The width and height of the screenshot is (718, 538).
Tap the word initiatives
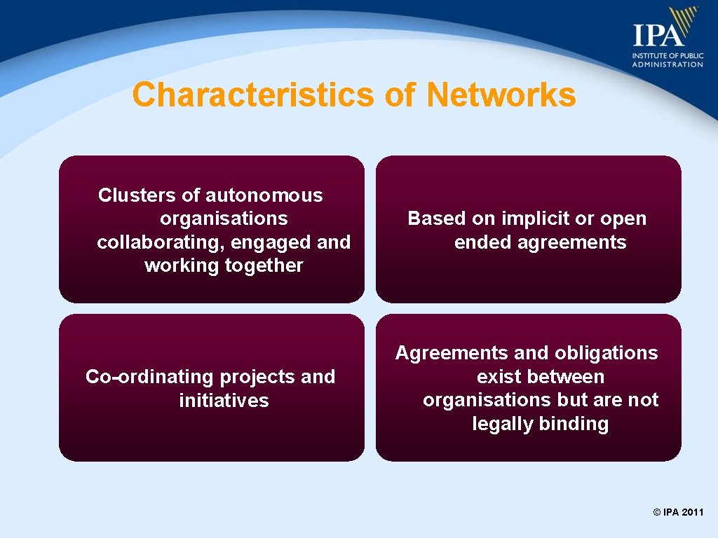(x=224, y=401)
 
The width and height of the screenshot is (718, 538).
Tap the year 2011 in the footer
(x=692, y=513)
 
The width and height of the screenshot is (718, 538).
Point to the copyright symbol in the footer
(x=657, y=513)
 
